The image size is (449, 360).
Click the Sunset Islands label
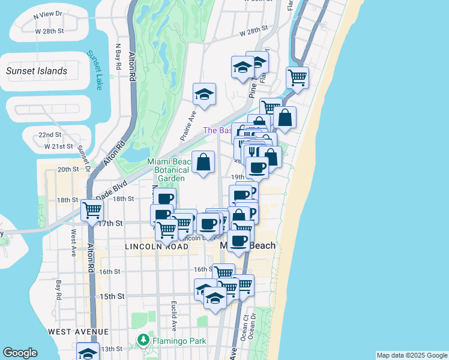pos(37,71)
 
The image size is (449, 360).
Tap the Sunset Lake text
pos(95,70)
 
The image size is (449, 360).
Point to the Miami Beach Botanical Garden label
pos(172,170)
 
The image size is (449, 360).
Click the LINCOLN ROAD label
pos(152,247)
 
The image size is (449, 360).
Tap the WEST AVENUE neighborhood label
pos(79,331)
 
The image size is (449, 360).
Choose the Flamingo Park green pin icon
pos(143,340)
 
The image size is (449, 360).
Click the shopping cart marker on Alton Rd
pos(92,210)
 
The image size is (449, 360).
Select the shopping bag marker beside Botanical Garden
pos(203,161)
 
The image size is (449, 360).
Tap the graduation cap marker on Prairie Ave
pos(204,94)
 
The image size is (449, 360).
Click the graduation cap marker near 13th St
pos(88,352)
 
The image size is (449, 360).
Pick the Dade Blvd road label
pos(112,188)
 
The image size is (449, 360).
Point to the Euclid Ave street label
pos(173,316)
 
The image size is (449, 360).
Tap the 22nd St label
pos(50,134)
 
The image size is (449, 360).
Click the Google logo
pos(20,353)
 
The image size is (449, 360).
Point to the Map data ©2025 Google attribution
pos(411,355)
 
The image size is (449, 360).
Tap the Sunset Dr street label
pos(83,159)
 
